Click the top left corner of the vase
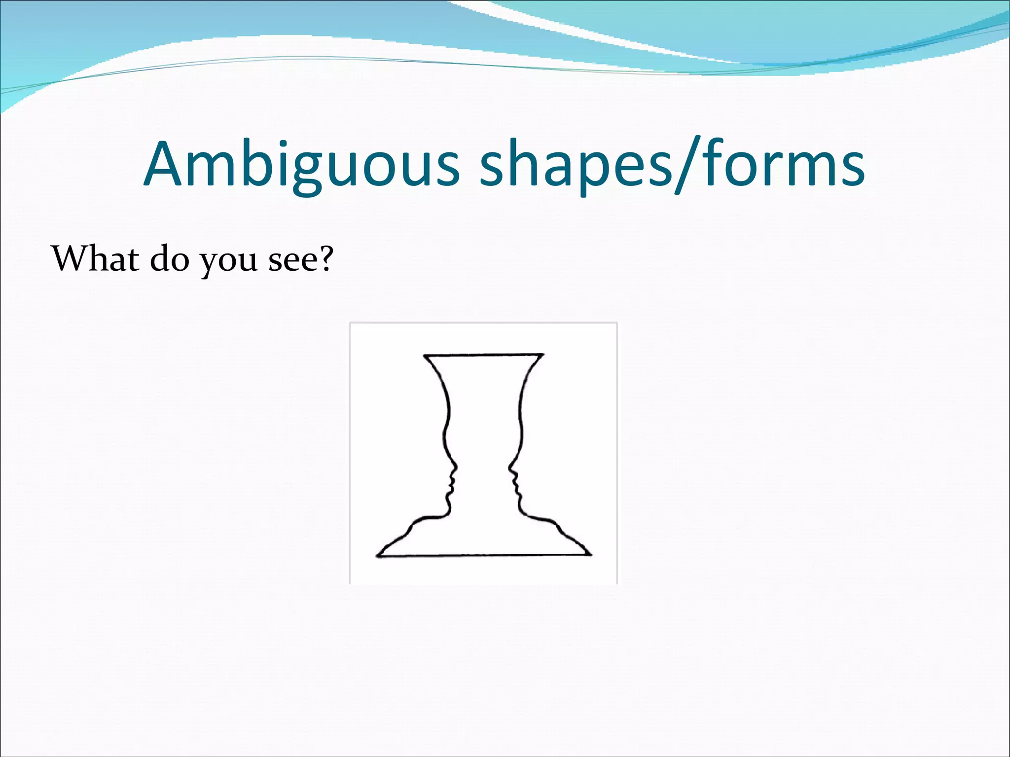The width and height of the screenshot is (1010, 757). click(425, 355)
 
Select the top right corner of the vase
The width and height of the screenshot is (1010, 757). click(543, 354)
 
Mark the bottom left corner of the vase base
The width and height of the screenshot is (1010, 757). click(378, 556)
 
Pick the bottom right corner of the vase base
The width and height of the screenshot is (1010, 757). click(590, 555)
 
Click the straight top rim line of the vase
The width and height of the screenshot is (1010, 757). click(483, 354)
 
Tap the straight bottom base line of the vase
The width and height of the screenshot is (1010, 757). click(483, 555)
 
